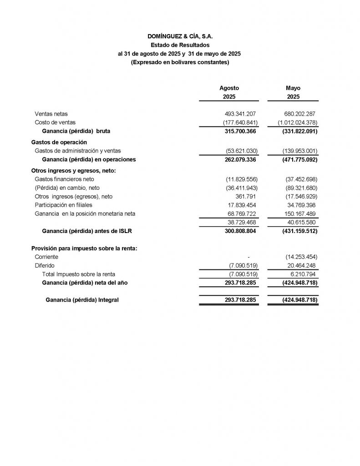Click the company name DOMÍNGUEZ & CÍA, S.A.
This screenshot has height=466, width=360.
tap(180, 36)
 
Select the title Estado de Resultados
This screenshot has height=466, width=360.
tap(180, 45)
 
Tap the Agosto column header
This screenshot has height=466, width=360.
tap(229, 88)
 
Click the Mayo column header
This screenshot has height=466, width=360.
tap(293, 88)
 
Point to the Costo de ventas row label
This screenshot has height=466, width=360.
tap(55, 122)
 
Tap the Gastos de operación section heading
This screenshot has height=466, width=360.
tap(59, 142)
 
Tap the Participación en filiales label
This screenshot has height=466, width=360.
tap(63, 205)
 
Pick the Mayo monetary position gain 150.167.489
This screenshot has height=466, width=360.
tap(299, 214)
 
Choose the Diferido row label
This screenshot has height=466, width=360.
tap(45, 266)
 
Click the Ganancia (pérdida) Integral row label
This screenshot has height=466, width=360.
tap(82, 300)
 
